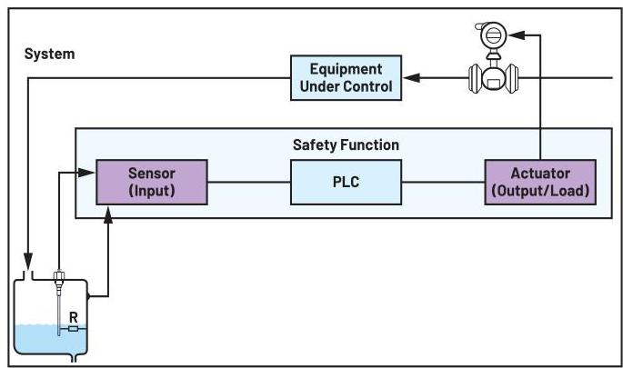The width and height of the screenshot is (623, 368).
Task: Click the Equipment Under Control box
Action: [x=345, y=78]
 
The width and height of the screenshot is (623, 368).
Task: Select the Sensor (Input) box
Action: [x=152, y=181]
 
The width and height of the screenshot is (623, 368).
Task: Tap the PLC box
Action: [x=345, y=181]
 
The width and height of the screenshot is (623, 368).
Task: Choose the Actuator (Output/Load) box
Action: [x=539, y=181]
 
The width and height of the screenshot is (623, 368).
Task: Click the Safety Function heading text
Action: [x=346, y=144]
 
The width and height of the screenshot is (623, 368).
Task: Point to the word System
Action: [x=49, y=55]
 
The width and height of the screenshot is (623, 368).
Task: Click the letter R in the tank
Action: [x=73, y=316]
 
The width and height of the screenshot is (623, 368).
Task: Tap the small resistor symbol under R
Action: [x=73, y=329]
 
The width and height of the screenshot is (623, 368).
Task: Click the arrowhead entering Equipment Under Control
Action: [x=411, y=79]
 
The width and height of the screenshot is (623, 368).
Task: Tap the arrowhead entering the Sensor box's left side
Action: [x=91, y=171]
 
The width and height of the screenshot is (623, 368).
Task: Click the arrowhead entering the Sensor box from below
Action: [x=110, y=211]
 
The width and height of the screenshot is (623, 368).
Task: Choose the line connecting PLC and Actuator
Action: [x=442, y=182]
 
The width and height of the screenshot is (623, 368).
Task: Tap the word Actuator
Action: [x=539, y=173]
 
